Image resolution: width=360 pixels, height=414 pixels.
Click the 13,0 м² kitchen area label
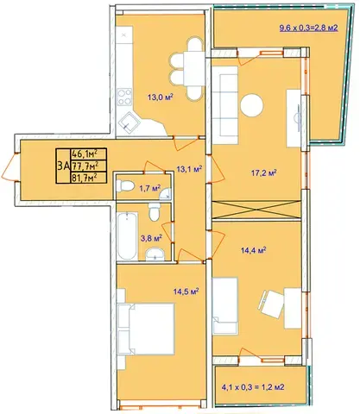pos(160,97)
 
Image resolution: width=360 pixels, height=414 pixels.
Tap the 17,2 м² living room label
pos(264,173)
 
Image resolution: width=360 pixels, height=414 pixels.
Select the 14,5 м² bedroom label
pos(186,292)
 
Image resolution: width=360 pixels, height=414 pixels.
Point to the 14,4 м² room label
pos(253,250)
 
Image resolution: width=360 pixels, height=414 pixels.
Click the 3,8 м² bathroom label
pos(151,238)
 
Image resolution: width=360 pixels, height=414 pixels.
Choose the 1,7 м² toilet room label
pos(149,189)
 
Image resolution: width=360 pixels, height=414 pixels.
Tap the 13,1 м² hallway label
pos(189,169)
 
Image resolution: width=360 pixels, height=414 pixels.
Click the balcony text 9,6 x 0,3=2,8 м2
pos(308,28)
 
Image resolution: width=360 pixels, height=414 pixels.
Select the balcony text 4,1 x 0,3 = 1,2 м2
pos(253,387)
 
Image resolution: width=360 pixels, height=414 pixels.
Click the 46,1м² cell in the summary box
pos(88,154)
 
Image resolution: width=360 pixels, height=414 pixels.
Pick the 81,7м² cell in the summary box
pos(88,178)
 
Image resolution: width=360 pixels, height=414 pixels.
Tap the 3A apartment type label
pos(63,166)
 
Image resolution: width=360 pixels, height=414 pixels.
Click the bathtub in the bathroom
pos(127,236)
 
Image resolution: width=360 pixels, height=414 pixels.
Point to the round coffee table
pos(252,105)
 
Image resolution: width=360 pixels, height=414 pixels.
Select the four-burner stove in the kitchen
pos(124,97)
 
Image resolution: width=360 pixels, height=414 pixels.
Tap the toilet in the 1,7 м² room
pos(125,185)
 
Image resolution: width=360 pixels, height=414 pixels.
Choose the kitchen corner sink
pos(129,122)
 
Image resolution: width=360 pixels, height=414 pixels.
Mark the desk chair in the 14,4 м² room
pos(270,304)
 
